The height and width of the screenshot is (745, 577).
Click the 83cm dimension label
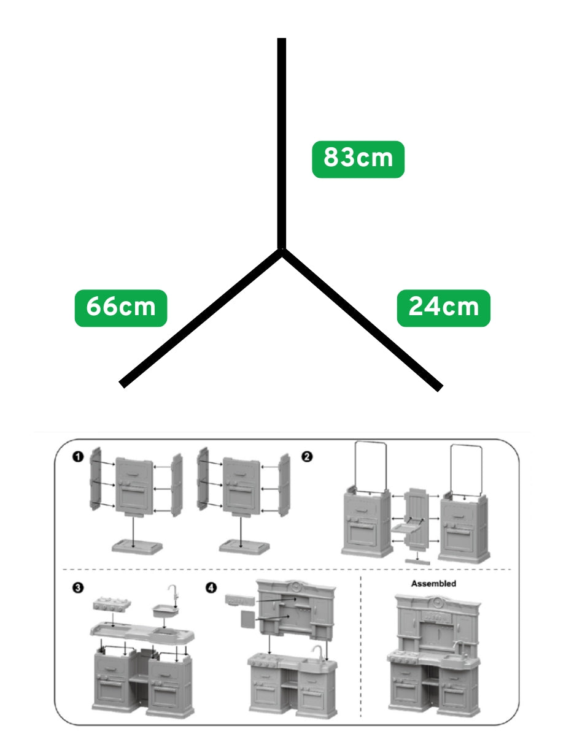point(358,159)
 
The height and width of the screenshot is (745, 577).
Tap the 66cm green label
point(121,308)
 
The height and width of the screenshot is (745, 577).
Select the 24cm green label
point(443,308)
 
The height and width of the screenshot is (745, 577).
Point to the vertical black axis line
point(281,143)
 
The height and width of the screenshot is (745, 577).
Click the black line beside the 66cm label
point(201,318)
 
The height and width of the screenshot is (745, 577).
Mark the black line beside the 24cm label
point(362,319)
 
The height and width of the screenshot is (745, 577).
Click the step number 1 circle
point(78,457)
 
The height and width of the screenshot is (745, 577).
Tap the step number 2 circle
point(307,457)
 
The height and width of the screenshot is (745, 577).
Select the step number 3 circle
point(78,588)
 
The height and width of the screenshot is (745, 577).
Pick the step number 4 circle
point(211,588)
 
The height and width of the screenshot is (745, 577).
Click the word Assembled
point(433,584)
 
